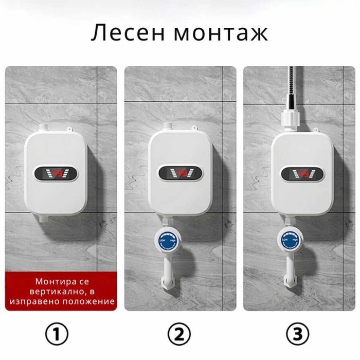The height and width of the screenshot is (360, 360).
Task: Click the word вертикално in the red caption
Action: coord(52,292)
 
